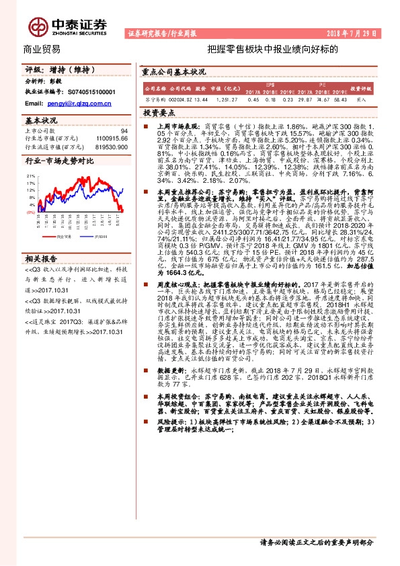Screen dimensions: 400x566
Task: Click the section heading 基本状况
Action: pos(40,120)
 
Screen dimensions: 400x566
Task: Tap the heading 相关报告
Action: pos(40,258)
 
